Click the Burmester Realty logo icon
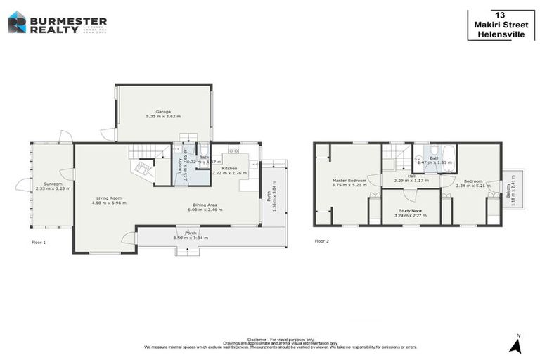click(x=17, y=22)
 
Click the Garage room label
click(x=163, y=112)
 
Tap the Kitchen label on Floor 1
click(x=230, y=168)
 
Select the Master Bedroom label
click(x=349, y=180)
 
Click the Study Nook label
click(x=411, y=211)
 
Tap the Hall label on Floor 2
click(x=411, y=176)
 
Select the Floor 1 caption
click(x=39, y=242)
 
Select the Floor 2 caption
click(x=321, y=241)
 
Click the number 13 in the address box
click(x=500, y=15)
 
